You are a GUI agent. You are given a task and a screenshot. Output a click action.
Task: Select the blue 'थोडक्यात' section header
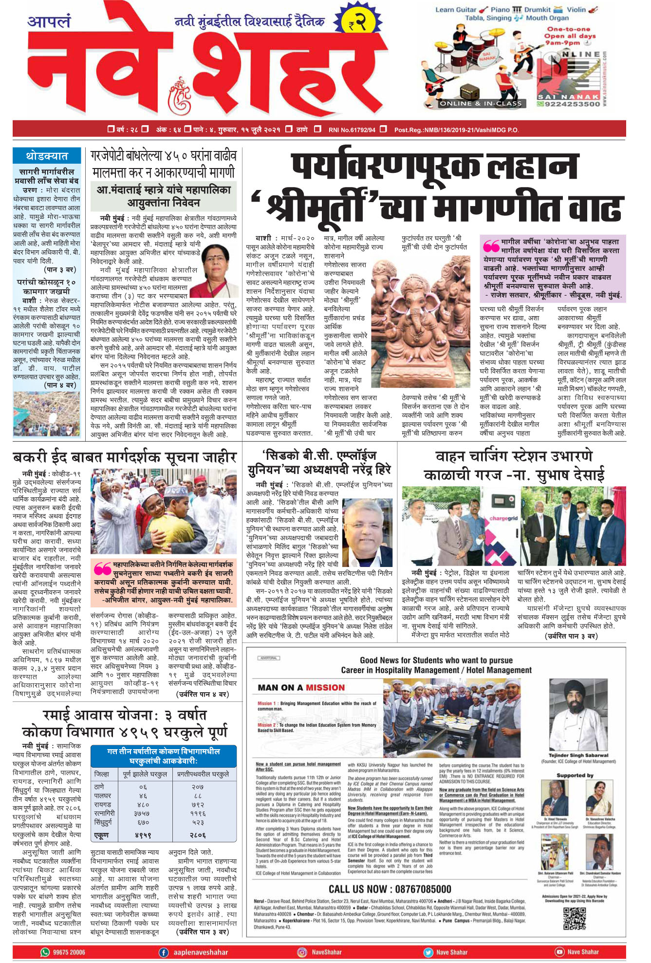(47, 156)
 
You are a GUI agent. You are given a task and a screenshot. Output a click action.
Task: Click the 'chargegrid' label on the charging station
(503, 518)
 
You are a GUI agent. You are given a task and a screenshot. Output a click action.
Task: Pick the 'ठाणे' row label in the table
(99, 787)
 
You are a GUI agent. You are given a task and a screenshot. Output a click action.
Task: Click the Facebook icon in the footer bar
(164, 952)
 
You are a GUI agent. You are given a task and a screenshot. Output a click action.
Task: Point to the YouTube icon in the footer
(559, 952)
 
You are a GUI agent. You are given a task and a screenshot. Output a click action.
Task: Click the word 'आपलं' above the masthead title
(49, 22)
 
